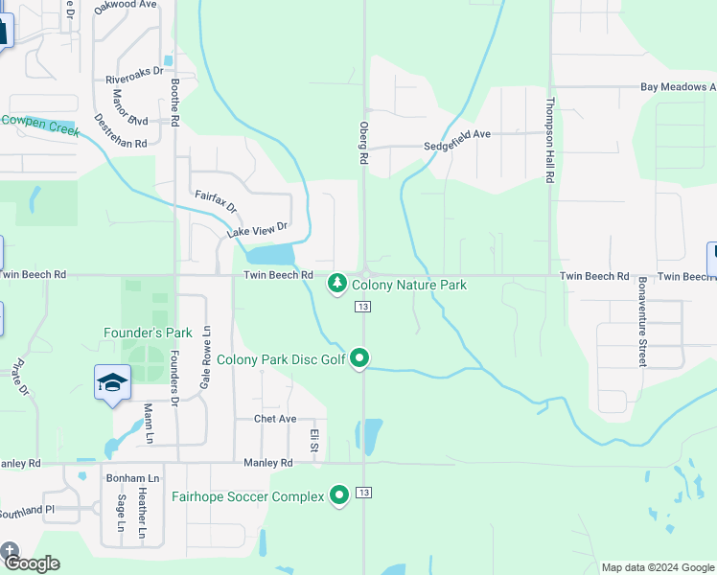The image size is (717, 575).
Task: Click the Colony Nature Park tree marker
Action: click(336, 285)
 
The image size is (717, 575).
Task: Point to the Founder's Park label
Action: click(148, 333)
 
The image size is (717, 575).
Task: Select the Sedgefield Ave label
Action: click(457, 134)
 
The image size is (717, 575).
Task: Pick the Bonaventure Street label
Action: click(642, 321)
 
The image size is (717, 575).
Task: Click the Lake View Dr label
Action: click(257, 230)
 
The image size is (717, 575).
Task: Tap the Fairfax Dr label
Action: click(216, 201)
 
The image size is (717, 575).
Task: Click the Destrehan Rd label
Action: click(121, 130)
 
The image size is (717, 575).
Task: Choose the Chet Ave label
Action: click(275, 419)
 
